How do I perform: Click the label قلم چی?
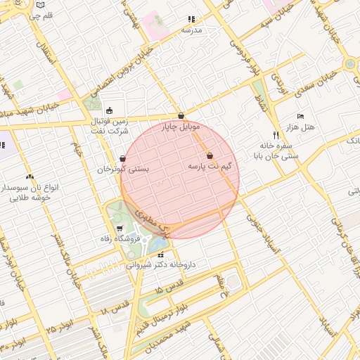pos(43,15)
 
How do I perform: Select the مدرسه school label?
pos(191,30)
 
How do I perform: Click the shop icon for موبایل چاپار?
pos(181,116)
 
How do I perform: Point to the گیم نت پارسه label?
pos(210,167)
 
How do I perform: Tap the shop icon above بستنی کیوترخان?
pos(124,159)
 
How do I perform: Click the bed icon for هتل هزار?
pos(301,116)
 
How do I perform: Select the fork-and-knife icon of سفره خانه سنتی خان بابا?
pos(276,135)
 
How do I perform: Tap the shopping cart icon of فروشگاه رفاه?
pos(120,229)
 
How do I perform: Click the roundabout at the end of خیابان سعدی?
pos(349,63)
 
